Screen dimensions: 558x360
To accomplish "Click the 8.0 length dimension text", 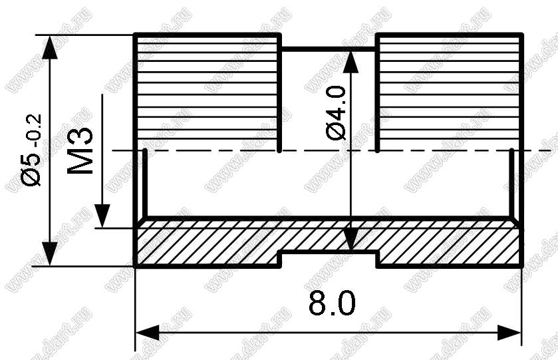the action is pos(332,303).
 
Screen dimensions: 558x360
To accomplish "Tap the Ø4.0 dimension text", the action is pos(336,113).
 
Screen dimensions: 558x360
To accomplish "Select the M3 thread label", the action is pos(80,151).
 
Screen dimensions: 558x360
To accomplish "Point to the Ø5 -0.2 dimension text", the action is pos(31,150).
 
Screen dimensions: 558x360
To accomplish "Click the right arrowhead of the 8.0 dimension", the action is pos(509,333).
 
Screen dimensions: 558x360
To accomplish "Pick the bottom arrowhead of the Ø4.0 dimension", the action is pos(351,240).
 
